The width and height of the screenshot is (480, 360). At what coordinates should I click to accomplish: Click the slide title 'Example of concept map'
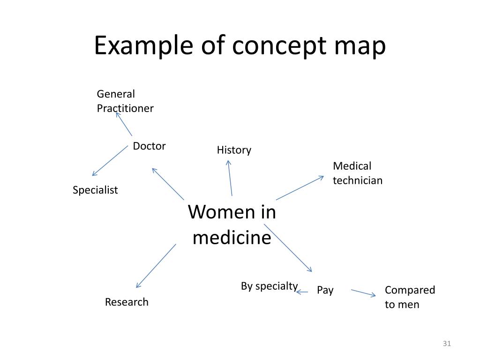click(x=240, y=46)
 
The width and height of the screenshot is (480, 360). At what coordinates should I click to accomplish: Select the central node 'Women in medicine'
click(x=232, y=225)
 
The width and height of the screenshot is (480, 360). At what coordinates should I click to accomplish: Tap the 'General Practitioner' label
click(x=125, y=101)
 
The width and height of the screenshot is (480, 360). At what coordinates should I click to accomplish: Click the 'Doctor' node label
click(x=149, y=146)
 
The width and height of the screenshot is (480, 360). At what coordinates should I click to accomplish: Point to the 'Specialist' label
click(x=95, y=190)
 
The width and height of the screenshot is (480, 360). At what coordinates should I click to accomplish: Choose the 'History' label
click(x=234, y=150)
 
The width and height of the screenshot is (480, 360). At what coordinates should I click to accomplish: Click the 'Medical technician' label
click(x=358, y=173)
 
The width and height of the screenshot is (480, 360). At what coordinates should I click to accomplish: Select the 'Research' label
click(x=127, y=302)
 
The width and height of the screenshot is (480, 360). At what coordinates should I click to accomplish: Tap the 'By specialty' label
click(x=269, y=286)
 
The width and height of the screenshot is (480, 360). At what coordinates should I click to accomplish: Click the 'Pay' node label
click(x=325, y=290)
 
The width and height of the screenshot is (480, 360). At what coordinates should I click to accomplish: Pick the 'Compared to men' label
click(x=410, y=297)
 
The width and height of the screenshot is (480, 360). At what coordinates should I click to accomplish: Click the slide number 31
click(x=446, y=345)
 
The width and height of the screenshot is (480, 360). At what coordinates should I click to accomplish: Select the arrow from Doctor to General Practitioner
click(x=124, y=123)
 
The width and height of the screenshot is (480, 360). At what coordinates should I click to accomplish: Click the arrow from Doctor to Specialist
click(x=110, y=160)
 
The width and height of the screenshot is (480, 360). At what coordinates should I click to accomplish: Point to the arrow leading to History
click(x=230, y=178)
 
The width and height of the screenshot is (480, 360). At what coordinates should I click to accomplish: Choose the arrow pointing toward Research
click(x=156, y=266)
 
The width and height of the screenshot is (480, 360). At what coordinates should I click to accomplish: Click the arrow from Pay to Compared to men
click(x=363, y=293)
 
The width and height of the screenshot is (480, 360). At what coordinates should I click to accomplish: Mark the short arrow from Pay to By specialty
click(x=302, y=292)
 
